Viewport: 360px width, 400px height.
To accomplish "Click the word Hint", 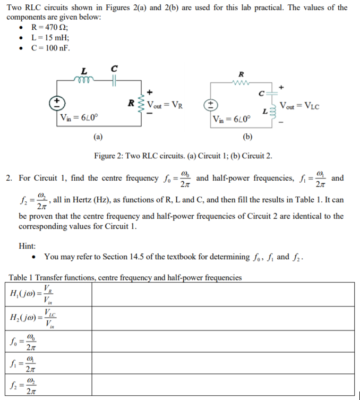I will click(27, 246).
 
